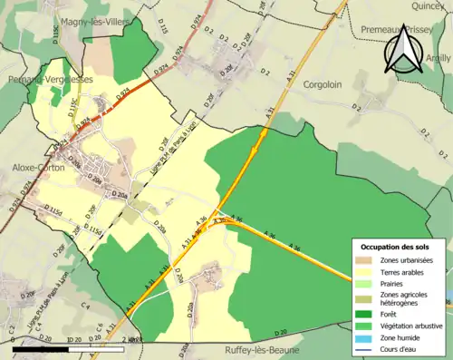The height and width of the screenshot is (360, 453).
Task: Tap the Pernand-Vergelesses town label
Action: pos(45,80)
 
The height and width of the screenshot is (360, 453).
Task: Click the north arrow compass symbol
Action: pos(400,53)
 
